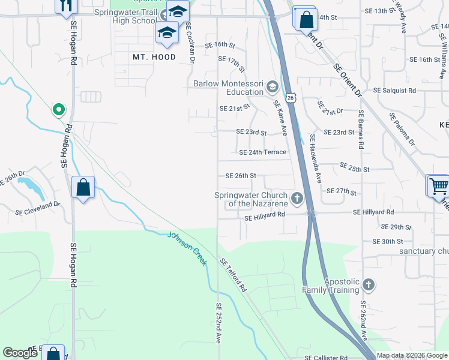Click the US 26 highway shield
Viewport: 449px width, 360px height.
[x=291, y=97]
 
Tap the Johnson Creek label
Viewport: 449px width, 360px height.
[x=187, y=248]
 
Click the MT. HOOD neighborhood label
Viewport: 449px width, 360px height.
[x=154, y=57]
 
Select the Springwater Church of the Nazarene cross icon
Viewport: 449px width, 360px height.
[x=297, y=197]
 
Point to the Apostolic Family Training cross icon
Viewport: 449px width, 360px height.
[x=368, y=284]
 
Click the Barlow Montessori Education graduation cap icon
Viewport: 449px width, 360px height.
[x=272, y=88]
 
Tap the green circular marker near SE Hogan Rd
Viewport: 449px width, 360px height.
[x=58, y=109]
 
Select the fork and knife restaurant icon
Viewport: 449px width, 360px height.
[x=66, y=6]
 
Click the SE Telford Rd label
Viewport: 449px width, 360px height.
[x=234, y=275]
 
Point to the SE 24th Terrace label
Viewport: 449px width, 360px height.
[x=262, y=152]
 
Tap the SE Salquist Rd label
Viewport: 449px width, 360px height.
[x=394, y=90]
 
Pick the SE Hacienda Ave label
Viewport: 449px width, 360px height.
[x=316, y=158]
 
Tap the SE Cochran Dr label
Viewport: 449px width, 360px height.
[x=191, y=42]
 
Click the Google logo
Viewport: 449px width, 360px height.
[x=20, y=353]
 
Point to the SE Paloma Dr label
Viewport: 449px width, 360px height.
[x=402, y=129]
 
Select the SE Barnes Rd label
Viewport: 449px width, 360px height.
[x=361, y=129]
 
